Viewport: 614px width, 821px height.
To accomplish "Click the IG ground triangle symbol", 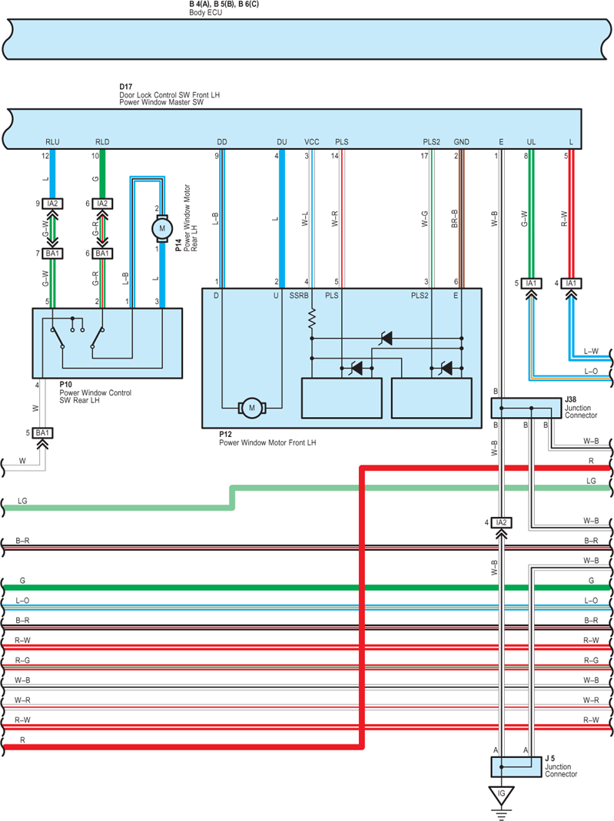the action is [501, 795].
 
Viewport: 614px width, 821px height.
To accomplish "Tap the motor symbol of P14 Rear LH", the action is [162, 228].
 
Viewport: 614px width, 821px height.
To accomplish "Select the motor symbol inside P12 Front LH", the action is [252, 408].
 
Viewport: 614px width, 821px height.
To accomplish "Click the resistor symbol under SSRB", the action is [312, 319].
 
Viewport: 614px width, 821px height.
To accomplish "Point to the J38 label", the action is [570, 399].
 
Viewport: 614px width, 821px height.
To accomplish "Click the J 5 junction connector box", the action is [516, 767].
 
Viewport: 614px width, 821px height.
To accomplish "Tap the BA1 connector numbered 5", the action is [42, 433].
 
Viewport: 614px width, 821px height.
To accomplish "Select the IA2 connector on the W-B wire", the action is [501, 522].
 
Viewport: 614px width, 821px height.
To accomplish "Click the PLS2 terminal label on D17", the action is [431, 142].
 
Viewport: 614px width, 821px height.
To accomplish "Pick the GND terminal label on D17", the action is [462, 142].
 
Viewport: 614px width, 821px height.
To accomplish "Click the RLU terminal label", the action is [52, 142].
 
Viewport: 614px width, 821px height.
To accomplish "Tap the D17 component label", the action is [126, 86].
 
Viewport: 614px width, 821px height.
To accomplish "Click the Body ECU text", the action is [205, 12].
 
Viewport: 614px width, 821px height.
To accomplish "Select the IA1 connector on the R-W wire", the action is [571, 283].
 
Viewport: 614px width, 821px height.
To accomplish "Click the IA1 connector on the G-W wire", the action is [531, 283].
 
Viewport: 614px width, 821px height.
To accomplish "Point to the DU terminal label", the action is [282, 142].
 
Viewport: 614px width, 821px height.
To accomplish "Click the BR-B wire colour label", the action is [454, 219].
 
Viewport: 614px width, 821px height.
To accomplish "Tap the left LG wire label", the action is [22, 501].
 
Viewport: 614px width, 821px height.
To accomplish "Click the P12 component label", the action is [225, 434].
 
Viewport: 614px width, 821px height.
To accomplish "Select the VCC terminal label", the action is [312, 142].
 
